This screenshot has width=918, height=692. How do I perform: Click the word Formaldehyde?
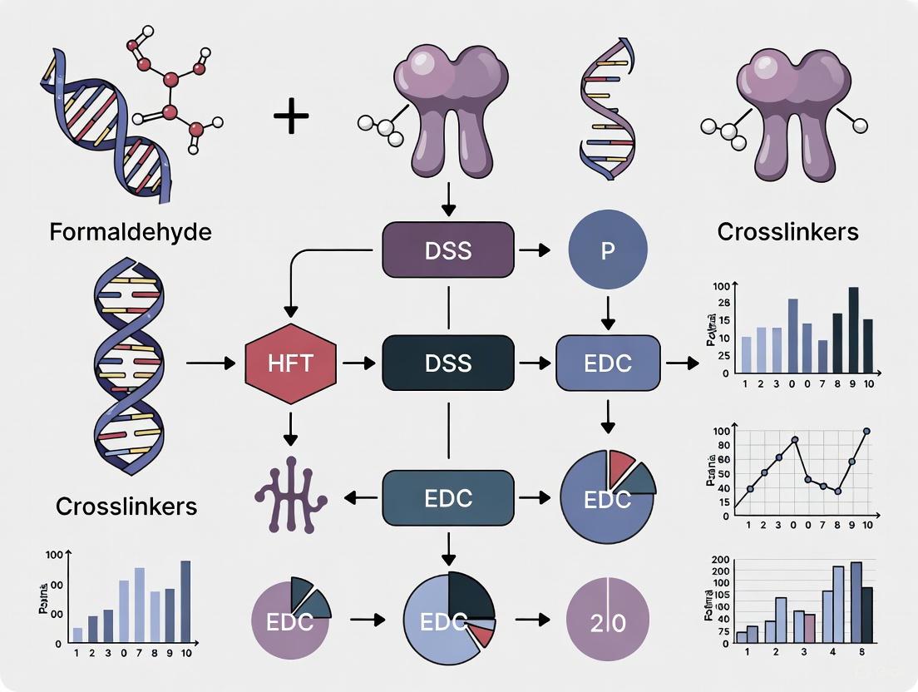click(x=131, y=230)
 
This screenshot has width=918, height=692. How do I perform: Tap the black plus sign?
click(x=291, y=117)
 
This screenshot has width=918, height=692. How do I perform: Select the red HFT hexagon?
click(x=291, y=363)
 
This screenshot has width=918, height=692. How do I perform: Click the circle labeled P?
click(x=608, y=251)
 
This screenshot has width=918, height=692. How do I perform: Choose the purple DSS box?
click(x=447, y=250)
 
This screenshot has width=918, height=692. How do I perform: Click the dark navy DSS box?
click(x=447, y=363)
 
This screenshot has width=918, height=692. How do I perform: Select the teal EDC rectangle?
click(x=447, y=498)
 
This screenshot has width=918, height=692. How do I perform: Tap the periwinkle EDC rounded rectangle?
click(x=608, y=363)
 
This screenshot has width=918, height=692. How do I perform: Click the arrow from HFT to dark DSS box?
click(x=358, y=363)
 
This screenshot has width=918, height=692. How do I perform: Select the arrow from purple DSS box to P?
click(x=539, y=250)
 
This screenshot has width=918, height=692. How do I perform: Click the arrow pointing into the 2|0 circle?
click(x=532, y=620)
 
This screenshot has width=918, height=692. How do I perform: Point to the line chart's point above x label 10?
click(x=867, y=431)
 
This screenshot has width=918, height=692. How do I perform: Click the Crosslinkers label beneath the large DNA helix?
click(x=126, y=506)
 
